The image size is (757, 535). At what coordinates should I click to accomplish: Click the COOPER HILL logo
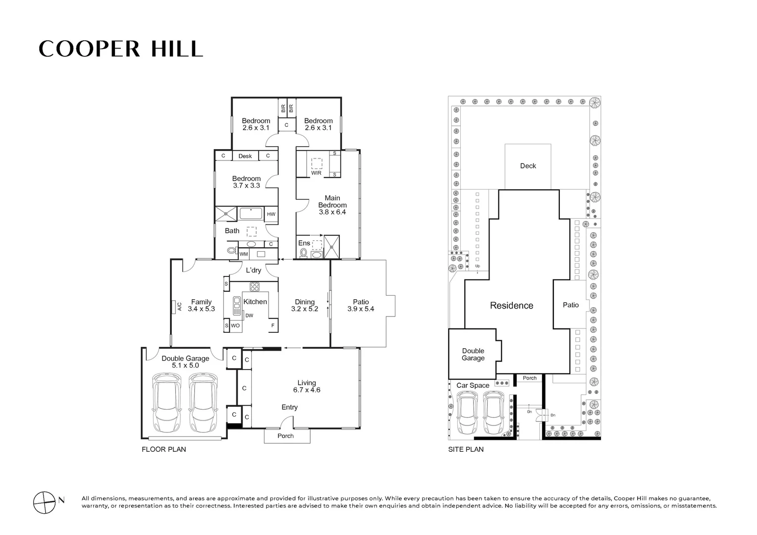pyautogui.click(x=121, y=49)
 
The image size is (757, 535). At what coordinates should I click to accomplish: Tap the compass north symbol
pyautogui.click(x=44, y=503)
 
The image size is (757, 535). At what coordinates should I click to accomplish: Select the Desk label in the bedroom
pyautogui.click(x=245, y=156)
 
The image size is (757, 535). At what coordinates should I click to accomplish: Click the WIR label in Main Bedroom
pyautogui.click(x=316, y=173)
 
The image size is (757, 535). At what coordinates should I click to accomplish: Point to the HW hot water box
pyautogui.click(x=271, y=214)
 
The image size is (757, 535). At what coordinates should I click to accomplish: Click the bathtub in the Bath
pyautogui.click(x=251, y=214)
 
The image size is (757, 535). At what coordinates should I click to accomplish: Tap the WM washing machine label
pyautogui.click(x=244, y=254)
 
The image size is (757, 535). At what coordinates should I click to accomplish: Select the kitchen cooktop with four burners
pyautogui.click(x=255, y=287)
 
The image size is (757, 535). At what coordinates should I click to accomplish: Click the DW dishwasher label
pyautogui.click(x=249, y=316)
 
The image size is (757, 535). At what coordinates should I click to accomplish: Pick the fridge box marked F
pyautogui.click(x=273, y=325)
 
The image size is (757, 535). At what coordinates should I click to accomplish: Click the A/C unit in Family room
pyautogui.click(x=173, y=307)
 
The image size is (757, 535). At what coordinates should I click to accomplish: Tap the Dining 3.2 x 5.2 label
pyautogui.click(x=305, y=305)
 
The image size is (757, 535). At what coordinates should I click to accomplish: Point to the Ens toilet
pyautogui.click(x=303, y=253)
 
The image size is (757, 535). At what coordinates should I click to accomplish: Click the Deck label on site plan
pyautogui.click(x=528, y=166)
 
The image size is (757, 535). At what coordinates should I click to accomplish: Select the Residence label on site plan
pyautogui.click(x=512, y=306)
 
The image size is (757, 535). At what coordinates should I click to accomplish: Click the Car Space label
pyautogui.click(x=473, y=385)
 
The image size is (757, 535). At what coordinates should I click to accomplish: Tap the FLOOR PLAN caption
pyautogui.click(x=164, y=449)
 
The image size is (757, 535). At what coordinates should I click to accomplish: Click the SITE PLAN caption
pyautogui.click(x=466, y=449)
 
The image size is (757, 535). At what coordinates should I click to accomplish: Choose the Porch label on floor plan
pyautogui.click(x=285, y=436)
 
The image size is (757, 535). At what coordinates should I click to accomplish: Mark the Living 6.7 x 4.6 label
pyautogui.click(x=307, y=386)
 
